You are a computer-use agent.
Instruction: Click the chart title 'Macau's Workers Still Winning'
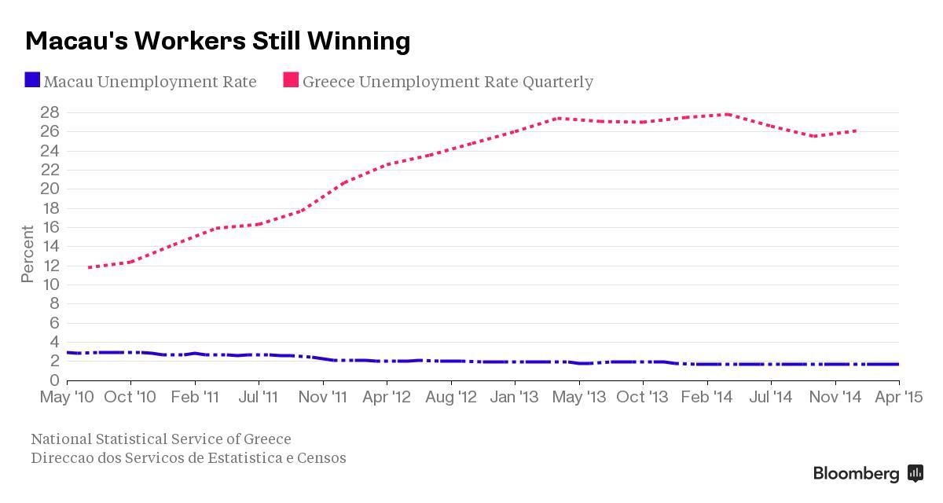point(218,41)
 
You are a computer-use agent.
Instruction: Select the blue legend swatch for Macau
point(32,80)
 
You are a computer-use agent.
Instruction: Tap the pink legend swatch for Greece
point(291,80)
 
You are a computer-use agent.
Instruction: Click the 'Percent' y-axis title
point(28,254)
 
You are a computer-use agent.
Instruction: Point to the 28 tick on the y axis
point(50,112)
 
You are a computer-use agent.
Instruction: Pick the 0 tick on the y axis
point(54,380)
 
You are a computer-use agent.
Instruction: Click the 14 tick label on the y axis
point(50,246)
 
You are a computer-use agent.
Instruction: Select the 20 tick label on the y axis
point(50,189)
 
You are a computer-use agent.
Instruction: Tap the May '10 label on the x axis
point(68,398)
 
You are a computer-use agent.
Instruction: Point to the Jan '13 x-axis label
point(515,398)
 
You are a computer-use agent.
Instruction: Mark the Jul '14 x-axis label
point(770,398)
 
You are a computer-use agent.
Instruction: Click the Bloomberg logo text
point(856,474)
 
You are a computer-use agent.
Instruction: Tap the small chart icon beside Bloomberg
point(915,473)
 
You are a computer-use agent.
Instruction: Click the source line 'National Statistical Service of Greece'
point(160,439)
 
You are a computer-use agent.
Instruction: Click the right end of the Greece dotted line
point(856,130)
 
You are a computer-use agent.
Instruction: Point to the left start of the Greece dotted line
point(89,267)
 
